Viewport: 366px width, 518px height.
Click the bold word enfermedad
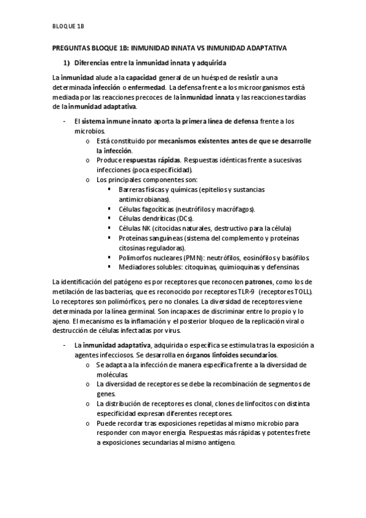pos(141,87)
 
